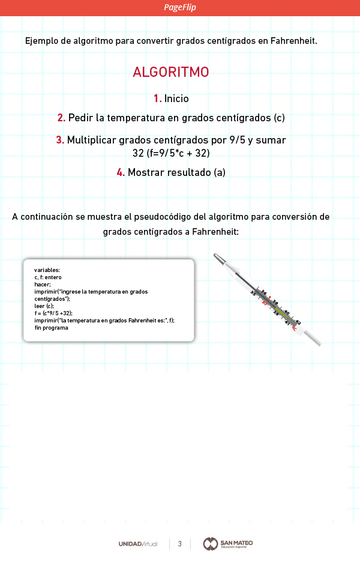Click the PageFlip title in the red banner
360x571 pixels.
pos(180,7)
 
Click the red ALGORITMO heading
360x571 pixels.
pos(171,72)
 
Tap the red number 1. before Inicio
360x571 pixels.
pos(158,98)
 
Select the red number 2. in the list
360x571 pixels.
pos(61,118)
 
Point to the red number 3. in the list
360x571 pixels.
pos(60,140)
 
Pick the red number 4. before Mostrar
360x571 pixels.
pos(121,172)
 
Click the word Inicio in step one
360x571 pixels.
pos(177,98)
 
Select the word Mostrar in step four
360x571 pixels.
pos(148,172)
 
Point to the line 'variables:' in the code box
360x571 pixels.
pos(47,270)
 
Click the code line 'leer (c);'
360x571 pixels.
pos(44,306)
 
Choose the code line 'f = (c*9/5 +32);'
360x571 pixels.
pos(53,313)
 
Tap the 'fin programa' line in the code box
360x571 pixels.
pos(52,328)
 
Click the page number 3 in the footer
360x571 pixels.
pos(179,544)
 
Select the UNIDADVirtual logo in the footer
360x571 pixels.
pos(138,544)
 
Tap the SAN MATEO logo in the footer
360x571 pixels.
pos(229,544)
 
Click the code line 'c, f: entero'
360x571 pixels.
pos(49,277)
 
